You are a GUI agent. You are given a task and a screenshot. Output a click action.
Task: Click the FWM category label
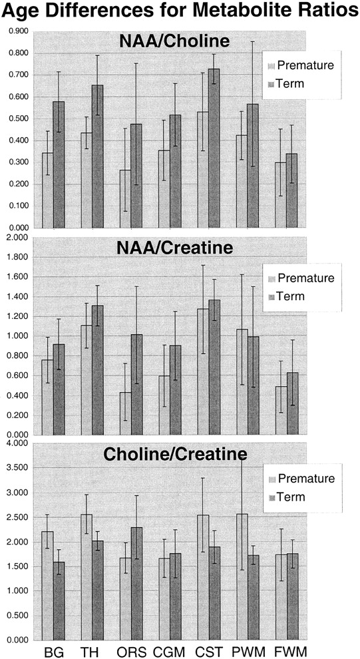coord(287,652)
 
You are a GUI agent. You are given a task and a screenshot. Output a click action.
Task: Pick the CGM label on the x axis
coord(169,652)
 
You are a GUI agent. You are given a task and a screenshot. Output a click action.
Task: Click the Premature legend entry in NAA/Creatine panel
coord(301,278)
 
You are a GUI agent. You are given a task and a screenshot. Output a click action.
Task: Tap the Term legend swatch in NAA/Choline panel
coord(271,84)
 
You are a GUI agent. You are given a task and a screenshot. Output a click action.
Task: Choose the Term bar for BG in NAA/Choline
coord(59,164)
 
